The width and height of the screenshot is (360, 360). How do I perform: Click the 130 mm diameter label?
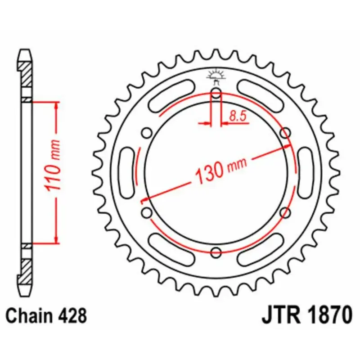tap(220, 170)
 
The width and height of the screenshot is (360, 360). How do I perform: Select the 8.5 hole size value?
tap(237, 116)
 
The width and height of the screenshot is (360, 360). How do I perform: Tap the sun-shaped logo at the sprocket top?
tap(216, 75)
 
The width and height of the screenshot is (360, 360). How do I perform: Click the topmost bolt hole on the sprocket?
tap(216, 94)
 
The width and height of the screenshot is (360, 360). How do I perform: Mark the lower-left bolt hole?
tap(146, 211)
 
